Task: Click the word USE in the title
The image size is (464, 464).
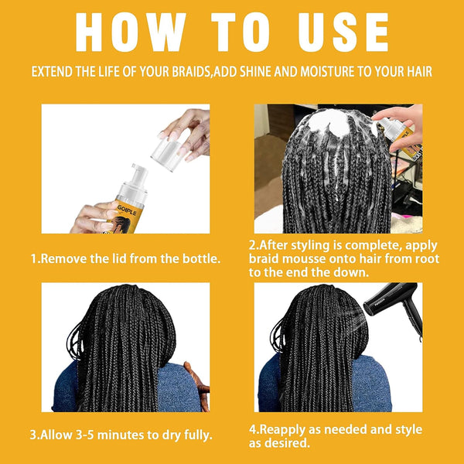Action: (x=338, y=33)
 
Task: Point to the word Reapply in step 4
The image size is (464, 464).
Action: (x=287, y=429)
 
